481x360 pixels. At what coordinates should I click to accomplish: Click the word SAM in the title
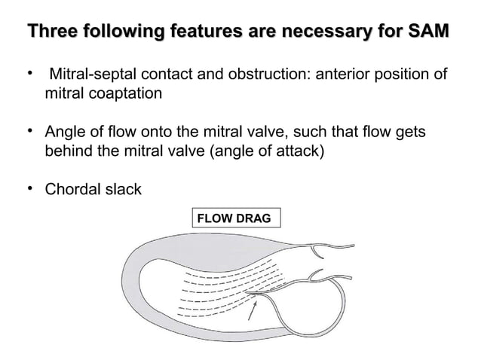pos(429,32)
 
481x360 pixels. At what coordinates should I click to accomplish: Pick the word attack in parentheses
pos(300,152)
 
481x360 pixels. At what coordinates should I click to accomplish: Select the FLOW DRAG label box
pos(236,218)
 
